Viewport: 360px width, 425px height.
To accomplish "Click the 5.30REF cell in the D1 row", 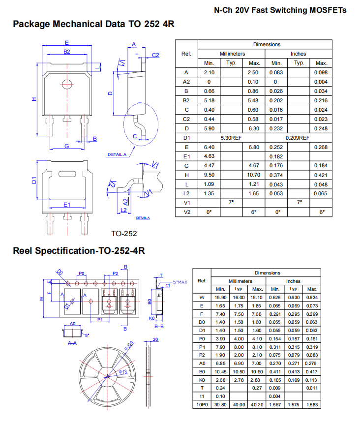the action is click(231, 138).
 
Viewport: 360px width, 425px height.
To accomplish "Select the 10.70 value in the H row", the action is click(253, 175).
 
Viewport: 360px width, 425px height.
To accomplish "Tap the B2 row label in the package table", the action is click(186, 100).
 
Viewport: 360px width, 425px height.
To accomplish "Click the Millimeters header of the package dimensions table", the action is click(232, 54).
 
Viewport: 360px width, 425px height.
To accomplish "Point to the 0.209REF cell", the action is click(298, 138).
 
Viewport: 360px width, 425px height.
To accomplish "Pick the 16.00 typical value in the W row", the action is click(239, 297).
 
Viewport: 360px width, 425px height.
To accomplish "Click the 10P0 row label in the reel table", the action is click(202, 405).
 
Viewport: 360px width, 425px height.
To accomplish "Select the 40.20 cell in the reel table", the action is click(257, 405).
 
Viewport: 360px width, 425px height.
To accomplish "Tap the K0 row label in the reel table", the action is click(202, 380).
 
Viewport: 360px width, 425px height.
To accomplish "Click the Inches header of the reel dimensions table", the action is click(293, 281).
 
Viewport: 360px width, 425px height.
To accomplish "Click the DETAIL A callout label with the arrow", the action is click(117, 154).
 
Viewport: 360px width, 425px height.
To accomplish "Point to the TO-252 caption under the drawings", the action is click(124, 234).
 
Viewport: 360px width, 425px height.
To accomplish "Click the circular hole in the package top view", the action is click(67, 84).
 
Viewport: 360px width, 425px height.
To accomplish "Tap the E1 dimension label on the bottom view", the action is click(67, 205).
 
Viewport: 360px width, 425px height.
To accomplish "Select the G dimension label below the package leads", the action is click(67, 146).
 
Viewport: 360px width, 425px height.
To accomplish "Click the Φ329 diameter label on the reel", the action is click(129, 345).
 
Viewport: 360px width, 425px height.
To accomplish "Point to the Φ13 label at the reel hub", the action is click(123, 372).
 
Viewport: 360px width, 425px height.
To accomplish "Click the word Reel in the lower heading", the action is click(23, 251).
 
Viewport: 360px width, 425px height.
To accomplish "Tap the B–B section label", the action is click(159, 326).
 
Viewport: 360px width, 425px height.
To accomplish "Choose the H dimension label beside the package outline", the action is click(34, 99).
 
